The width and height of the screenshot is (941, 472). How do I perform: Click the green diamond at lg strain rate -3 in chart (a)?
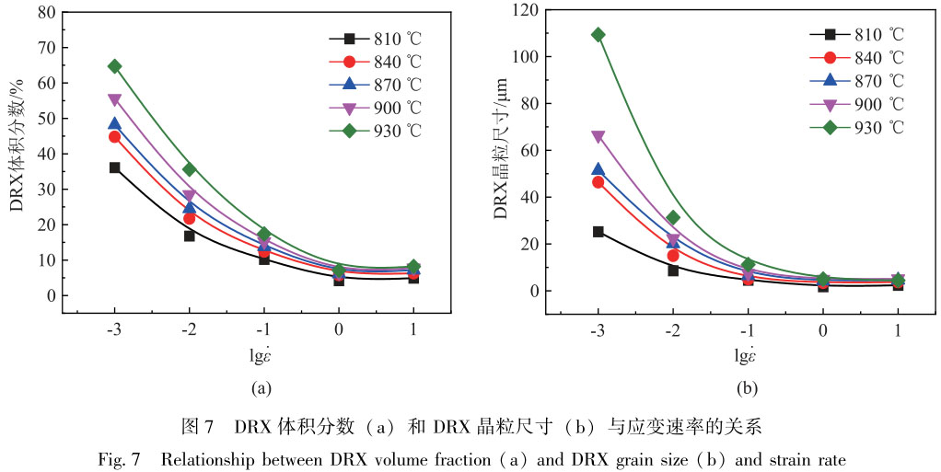(x=114, y=66)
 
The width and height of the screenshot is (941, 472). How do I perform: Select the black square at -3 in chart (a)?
(x=114, y=167)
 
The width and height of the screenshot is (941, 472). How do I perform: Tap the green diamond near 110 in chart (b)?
(x=598, y=35)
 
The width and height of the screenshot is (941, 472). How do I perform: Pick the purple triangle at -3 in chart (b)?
(x=598, y=136)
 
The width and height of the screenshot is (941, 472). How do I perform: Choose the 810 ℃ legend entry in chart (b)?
(x=857, y=34)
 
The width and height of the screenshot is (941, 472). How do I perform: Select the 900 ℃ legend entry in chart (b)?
(x=857, y=103)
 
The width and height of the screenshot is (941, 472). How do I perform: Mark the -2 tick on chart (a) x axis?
(x=189, y=330)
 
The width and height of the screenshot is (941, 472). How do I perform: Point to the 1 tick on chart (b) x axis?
(x=898, y=330)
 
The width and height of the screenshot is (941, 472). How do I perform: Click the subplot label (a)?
(x=261, y=388)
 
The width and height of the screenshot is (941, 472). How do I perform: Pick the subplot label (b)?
(x=746, y=388)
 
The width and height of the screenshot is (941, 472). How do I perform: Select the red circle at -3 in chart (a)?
(x=114, y=136)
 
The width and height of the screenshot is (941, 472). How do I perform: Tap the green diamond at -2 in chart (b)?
(x=673, y=218)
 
